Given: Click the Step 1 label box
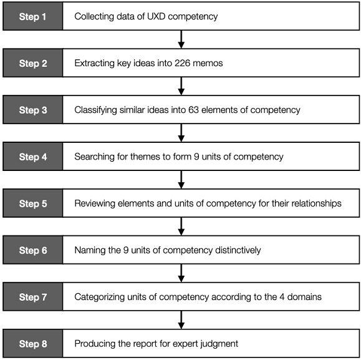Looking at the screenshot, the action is pos(32,16).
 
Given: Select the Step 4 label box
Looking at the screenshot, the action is pos(32,157).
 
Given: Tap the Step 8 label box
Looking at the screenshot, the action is pos(32,343).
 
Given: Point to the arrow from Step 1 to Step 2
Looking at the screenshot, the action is pos(181,39).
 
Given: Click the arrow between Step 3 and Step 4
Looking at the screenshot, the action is pos(181,133).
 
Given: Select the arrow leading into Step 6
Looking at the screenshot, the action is pos(181,226).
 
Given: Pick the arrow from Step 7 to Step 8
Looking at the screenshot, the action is pos(181,320).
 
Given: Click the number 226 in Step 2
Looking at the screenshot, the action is pos(182,63).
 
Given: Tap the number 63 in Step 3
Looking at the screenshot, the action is pos(193,110).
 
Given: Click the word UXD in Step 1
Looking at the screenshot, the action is pos(156,16).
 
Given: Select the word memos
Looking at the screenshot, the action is pos(208,63).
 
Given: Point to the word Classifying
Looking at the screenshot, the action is pos(95,110).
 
